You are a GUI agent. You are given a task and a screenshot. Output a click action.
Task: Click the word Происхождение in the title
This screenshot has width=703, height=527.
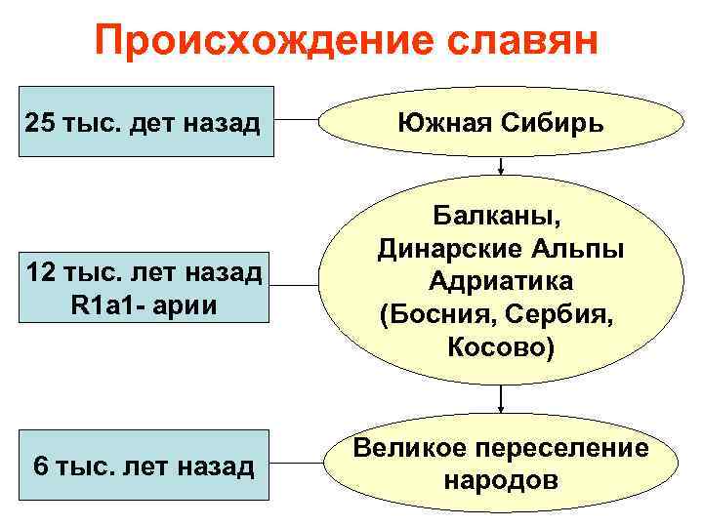[256, 42]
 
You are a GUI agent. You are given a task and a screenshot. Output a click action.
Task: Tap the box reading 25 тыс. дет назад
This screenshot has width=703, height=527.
[143, 124]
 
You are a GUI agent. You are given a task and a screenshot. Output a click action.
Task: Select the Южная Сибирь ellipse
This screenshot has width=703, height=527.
[499, 124]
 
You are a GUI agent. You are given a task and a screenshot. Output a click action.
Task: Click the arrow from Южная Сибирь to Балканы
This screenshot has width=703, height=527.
[500, 165]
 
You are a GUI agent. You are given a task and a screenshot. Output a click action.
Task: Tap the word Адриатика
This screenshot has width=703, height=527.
[500, 280]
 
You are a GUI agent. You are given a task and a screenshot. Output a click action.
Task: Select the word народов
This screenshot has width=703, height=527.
[501, 480]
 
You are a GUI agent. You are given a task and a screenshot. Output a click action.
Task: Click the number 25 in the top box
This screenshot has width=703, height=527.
[42, 124]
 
